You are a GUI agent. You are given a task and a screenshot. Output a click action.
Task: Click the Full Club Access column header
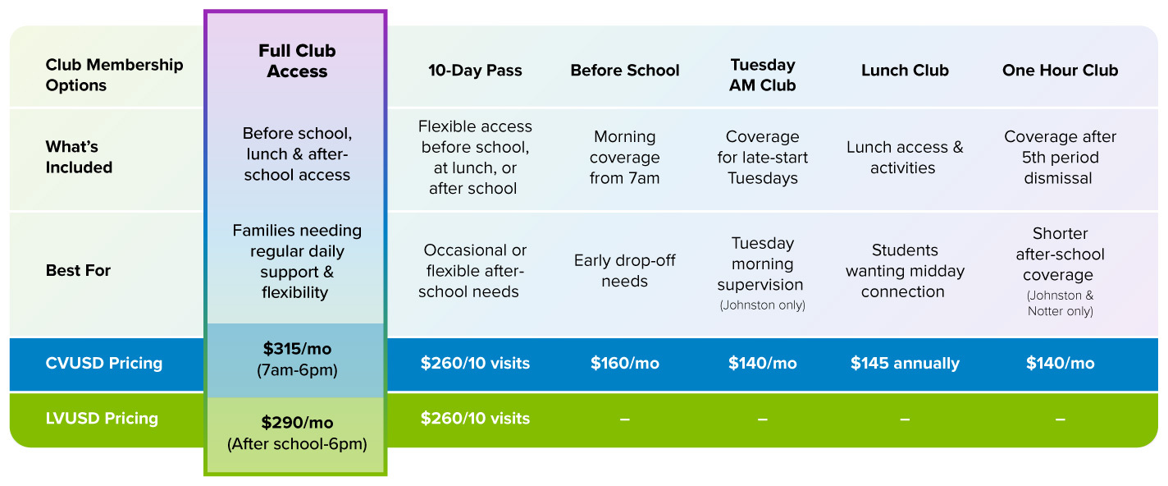pyautogui.click(x=297, y=61)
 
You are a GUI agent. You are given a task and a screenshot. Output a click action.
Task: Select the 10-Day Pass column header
pyautogui.click(x=475, y=70)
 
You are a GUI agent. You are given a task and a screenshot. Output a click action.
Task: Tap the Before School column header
pyautogui.click(x=625, y=70)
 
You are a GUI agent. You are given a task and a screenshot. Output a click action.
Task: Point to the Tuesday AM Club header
pyautogui.click(x=762, y=75)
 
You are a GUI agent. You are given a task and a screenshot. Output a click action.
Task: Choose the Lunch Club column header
pyautogui.click(x=905, y=70)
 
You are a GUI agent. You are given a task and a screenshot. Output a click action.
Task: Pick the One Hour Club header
pyautogui.click(x=1060, y=70)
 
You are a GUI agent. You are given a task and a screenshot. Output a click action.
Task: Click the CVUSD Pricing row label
pyautogui.click(x=104, y=363)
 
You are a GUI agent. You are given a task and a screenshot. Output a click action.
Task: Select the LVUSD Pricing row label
pyautogui.click(x=102, y=418)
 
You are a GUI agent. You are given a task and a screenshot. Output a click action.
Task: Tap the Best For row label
pyautogui.click(x=78, y=270)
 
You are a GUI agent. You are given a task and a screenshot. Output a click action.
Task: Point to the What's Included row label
pyautogui.click(x=79, y=157)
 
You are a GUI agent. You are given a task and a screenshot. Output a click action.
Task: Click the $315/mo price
pyautogui.click(x=297, y=348)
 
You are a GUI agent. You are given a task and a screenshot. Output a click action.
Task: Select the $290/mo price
pyautogui.click(x=297, y=422)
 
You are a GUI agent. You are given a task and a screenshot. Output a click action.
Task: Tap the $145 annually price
pyautogui.click(x=905, y=363)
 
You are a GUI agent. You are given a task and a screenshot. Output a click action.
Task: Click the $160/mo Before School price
pyautogui.click(x=625, y=363)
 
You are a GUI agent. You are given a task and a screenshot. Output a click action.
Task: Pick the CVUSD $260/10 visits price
pyautogui.click(x=475, y=363)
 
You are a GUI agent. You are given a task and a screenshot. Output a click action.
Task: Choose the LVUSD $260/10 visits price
pyautogui.click(x=475, y=418)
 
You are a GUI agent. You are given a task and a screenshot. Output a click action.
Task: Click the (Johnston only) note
pyautogui.click(x=762, y=305)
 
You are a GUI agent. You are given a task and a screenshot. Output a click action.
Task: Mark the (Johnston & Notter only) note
pyautogui.click(x=1060, y=303)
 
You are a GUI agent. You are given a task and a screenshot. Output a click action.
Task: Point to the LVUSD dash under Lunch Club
pyautogui.click(x=905, y=420)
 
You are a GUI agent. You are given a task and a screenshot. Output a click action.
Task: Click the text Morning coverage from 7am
pyautogui.click(x=625, y=157)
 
